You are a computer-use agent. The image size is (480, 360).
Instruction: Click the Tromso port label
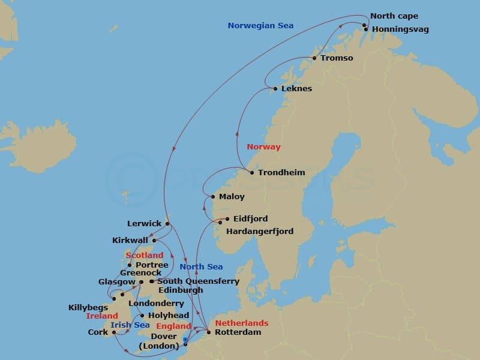(337, 58)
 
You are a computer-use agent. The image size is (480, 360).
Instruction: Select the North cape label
(394, 16)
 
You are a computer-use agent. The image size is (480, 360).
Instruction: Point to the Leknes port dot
(275, 89)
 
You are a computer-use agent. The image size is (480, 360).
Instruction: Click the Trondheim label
(281, 173)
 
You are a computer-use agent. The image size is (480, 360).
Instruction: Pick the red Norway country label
(263, 147)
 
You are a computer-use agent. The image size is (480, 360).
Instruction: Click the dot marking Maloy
(213, 196)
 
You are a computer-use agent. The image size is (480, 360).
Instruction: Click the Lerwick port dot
(167, 224)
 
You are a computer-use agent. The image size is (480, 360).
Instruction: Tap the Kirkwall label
(131, 240)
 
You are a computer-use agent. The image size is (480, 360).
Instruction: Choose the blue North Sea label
(201, 266)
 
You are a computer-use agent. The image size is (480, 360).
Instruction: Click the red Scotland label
(144, 256)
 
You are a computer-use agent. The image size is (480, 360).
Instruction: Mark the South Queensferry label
(198, 281)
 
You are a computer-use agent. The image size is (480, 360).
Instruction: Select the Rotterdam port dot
(208, 332)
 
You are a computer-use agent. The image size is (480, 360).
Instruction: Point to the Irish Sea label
(130, 325)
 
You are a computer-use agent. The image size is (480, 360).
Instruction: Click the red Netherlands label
(241, 323)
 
